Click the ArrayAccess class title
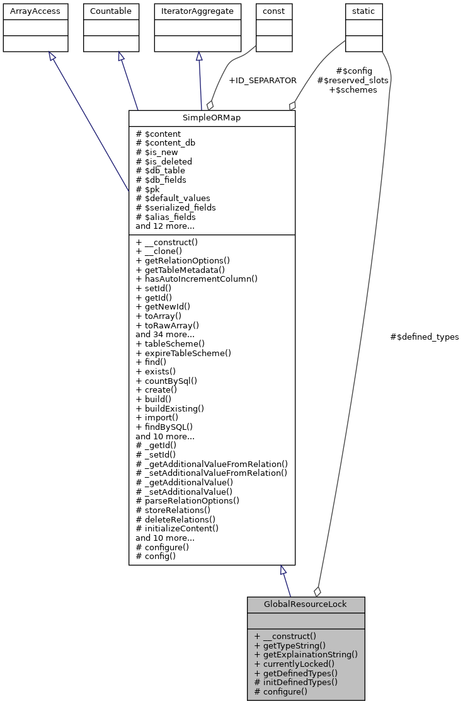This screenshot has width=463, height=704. (x=35, y=11)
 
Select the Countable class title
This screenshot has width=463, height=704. (x=110, y=11)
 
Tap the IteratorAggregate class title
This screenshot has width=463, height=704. (x=198, y=11)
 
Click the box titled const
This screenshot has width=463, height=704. (x=274, y=11)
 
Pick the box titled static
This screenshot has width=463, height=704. (x=363, y=11)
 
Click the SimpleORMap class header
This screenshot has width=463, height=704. (x=212, y=118)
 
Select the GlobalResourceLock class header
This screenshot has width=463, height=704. (x=306, y=604)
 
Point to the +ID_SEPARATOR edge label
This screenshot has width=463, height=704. (x=262, y=81)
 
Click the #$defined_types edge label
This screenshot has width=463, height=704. (x=425, y=337)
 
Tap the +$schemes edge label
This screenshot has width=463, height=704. (x=353, y=90)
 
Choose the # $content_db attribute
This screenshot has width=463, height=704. (x=165, y=143)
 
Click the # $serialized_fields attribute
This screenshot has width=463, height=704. (x=176, y=207)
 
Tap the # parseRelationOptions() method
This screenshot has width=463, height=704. (x=187, y=500)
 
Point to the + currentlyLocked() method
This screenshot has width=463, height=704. (x=294, y=664)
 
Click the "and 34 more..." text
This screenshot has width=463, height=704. (x=164, y=334)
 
